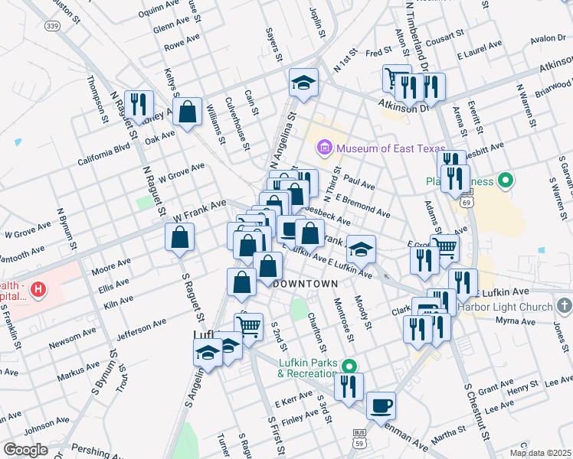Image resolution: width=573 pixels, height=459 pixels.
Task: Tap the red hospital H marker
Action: click(x=36, y=290)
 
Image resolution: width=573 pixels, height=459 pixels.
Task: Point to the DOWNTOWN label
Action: click(x=306, y=284)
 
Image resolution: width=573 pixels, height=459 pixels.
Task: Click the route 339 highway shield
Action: click(x=51, y=26)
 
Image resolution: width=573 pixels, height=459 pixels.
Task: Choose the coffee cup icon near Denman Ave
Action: click(x=381, y=405)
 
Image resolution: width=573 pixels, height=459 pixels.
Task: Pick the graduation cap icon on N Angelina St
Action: click(x=303, y=83)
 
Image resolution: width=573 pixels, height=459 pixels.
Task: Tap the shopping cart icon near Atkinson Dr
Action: click(x=396, y=77)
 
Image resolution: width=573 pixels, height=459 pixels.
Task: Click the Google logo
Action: click(x=25, y=449)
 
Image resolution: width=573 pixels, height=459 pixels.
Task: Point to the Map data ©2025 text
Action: click(x=539, y=453)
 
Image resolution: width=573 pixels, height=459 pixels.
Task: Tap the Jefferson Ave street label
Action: click(x=141, y=329)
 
